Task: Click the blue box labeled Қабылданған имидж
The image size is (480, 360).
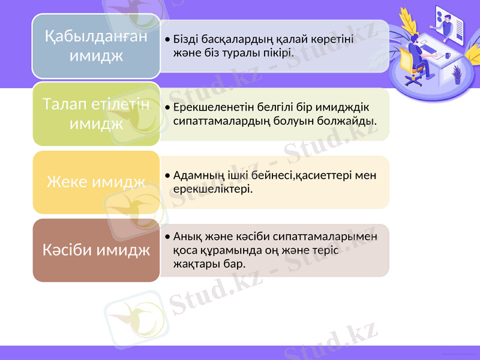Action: click(96, 46)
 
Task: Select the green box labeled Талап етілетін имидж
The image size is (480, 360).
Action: click(96, 114)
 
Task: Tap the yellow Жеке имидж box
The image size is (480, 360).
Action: click(96, 182)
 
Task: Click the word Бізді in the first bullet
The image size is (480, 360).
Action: click(187, 40)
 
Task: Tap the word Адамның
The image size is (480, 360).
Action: click(196, 175)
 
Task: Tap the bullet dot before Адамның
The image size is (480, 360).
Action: click(166, 176)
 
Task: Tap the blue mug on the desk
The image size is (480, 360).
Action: click(448, 55)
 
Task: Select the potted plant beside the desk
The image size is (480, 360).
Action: click(457, 74)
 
